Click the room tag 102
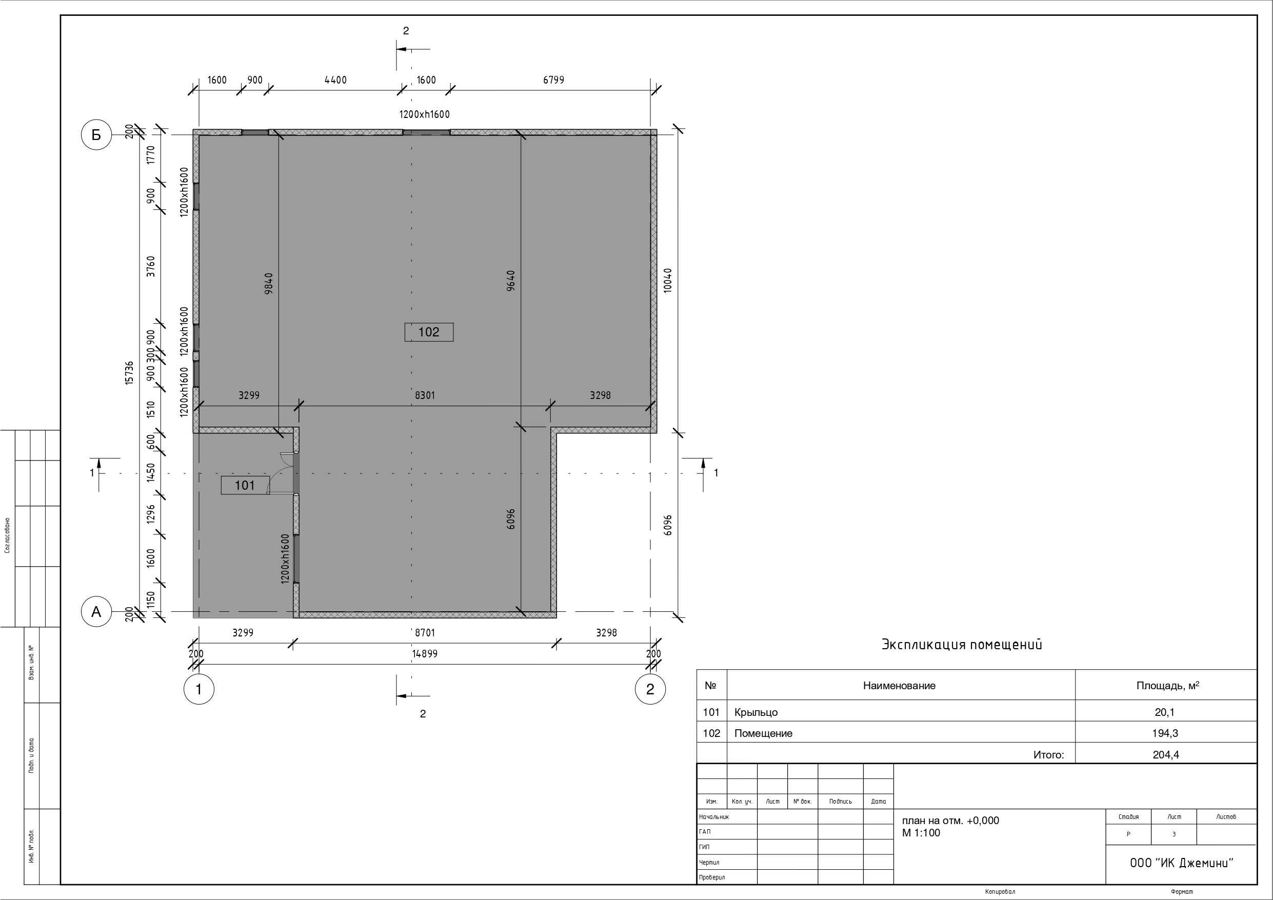pyautogui.click(x=429, y=332)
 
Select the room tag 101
pyautogui.click(x=245, y=485)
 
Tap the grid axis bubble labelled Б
pyautogui.click(x=96, y=135)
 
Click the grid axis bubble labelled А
pyautogui.click(x=96, y=612)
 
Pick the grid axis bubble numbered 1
pyautogui.click(x=198, y=689)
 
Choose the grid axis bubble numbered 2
pyautogui.click(x=650, y=689)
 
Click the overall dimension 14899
pyautogui.click(x=425, y=654)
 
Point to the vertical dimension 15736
pyautogui.click(x=129, y=373)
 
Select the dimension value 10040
pyautogui.click(x=668, y=281)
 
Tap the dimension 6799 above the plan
pyautogui.click(x=553, y=80)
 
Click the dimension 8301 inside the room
pyautogui.click(x=425, y=395)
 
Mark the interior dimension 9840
pyautogui.click(x=269, y=284)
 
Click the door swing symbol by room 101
pyautogui.click(x=282, y=473)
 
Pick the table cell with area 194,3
pyautogui.click(x=1165, y=733)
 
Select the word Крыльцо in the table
pyautogui.click(x=755, y=712)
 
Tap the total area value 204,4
pyautogui.click(x=1165, y=755)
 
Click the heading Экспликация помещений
pyautogui.click(x=962, y=645)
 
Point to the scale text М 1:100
pyautogui.click(x=921, y=832)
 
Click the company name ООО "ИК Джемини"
pyautogui.click(x=1182, y=863)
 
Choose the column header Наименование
pyautogui.click(x=899, y=686)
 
